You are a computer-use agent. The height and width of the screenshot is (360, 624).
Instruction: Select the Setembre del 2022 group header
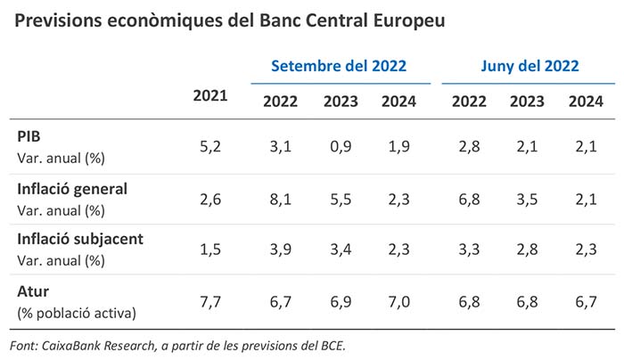pyautogui.click(x=339, y=66)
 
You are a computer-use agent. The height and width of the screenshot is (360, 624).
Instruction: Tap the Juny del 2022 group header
pyautogui.click(x=530, y=66)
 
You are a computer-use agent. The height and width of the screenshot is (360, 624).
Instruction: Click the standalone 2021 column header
pyautogui.click(x=210, y=96)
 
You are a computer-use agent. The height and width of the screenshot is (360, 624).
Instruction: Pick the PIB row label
pyautogui.click(x=29, y=137)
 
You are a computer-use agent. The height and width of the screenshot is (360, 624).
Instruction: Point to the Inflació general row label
pyautogui.click(x=72, y=189)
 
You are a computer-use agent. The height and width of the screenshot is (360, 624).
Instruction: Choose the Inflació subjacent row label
pyautogui.click(x=81, y=240)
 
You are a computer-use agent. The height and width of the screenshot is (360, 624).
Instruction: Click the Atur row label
pyautogui.click(x=33, y=290)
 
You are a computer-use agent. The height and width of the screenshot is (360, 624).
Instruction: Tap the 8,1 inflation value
pyautogui.click(x=280, y=199)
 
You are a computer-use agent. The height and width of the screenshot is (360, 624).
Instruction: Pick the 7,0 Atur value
pyautogui.click(x=398, y=301)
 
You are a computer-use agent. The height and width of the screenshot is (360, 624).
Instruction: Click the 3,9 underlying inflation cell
pyautogui.click(x=280, y=250)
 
